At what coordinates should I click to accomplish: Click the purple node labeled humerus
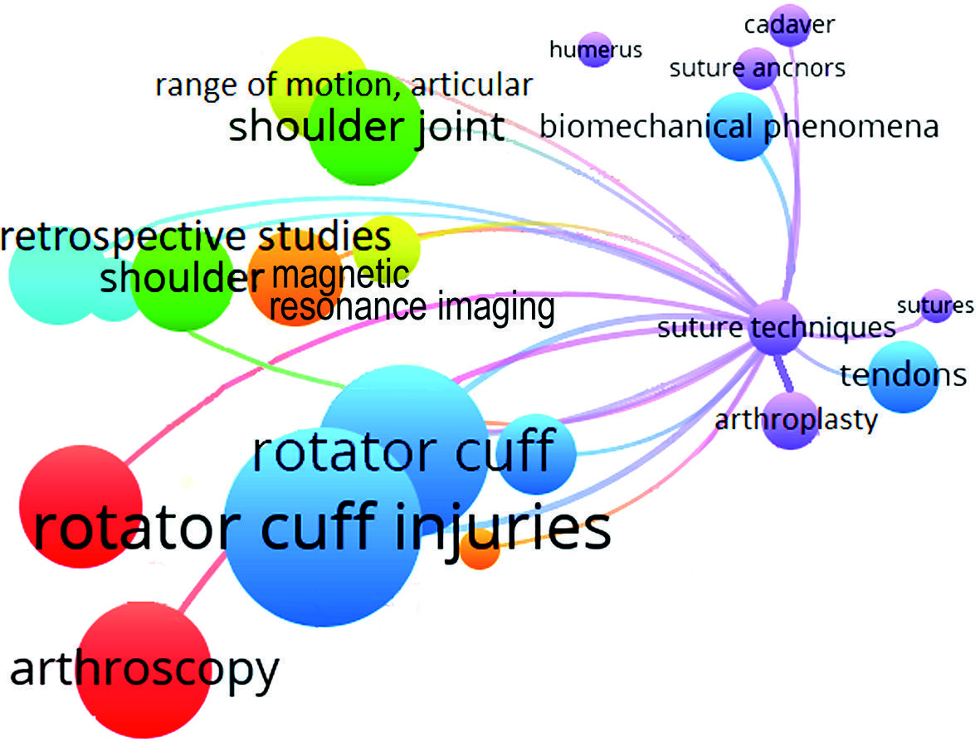tap(595, 52)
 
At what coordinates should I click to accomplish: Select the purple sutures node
tap(937, 307)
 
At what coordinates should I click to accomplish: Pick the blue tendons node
tap(904, 378)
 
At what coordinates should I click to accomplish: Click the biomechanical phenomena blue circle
tap(740, 126)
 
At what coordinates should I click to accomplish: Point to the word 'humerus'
tap(596, 50)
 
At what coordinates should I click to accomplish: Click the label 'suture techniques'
tap(777, 328)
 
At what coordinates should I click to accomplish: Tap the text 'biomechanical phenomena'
tap(739, 127)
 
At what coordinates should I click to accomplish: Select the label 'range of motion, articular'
tap(343, 85)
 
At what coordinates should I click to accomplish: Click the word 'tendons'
tap(904, 375)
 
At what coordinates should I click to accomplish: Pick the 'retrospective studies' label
tap(196, 237)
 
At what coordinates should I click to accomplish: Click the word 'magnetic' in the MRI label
tap(339, 274)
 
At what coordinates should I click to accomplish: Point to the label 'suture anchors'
tap(757, 68)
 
